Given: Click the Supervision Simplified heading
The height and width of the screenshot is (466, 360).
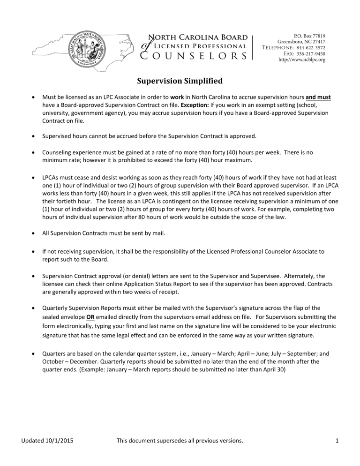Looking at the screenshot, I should [x=180, y=81].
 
